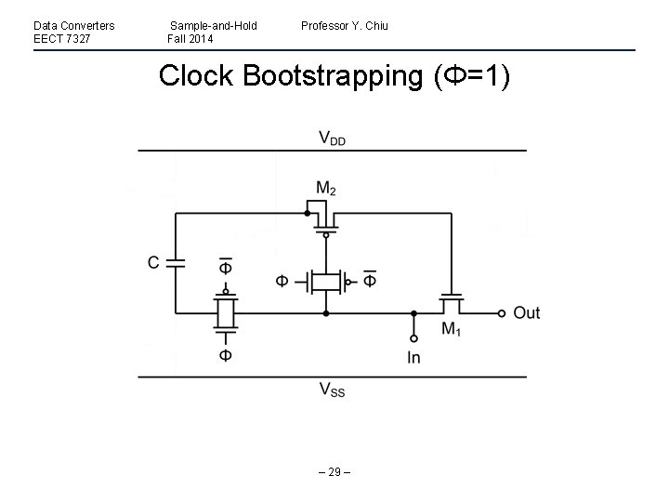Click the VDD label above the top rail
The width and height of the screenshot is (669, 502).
click(x=333, y=138)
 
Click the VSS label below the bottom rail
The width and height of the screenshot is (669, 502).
click(x=332, y=390)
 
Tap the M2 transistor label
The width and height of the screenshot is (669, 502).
click(x=325, y=189)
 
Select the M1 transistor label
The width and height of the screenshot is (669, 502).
click(x=451, y=328)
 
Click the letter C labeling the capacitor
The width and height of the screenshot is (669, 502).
click(x=153, y=263)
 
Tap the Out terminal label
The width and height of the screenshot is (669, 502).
click(x=526, y=312)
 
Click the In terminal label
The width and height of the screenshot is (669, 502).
click(x=413, y=357)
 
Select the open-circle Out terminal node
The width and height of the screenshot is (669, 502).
click(x=502, y=313)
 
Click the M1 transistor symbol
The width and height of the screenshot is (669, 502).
click(x=452, y=304)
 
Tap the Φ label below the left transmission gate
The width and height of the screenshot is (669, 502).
click(x=225, y=355)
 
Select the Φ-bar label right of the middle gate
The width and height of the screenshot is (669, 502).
click(x=369, y=280)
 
